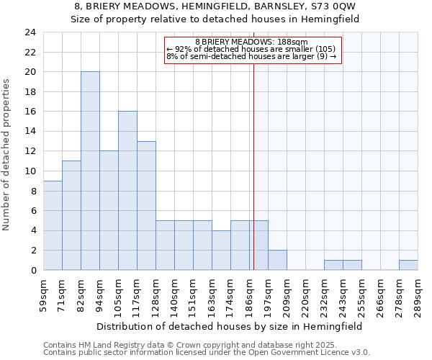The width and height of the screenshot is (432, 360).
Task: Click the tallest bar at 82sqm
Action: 90,171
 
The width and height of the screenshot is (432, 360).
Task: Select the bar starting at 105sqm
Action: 127,191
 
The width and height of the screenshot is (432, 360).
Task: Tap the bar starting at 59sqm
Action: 53,225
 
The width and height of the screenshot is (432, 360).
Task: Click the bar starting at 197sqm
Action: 277,260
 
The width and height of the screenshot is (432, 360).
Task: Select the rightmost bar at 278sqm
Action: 408,265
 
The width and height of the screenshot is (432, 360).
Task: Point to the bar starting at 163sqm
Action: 221,250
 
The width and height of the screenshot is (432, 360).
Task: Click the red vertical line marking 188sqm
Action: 253,180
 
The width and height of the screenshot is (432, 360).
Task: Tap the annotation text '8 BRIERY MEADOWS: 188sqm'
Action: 251,42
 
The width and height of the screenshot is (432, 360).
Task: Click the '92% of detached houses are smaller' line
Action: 251,49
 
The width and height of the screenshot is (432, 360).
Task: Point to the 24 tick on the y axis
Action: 30,32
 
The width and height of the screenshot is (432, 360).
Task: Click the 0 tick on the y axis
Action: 33,271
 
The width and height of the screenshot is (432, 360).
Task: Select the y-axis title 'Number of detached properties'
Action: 6,156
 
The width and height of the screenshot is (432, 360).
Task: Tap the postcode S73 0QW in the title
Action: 327,6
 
